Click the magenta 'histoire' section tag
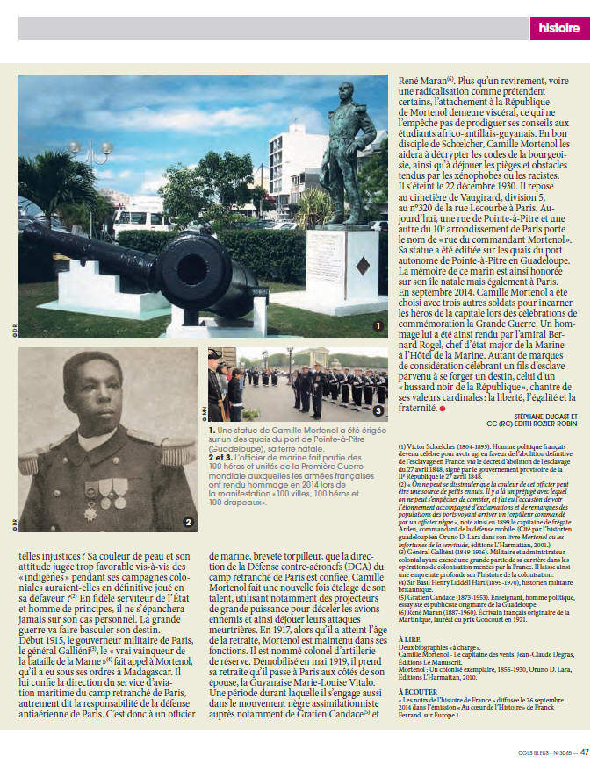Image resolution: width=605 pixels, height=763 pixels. coord(558,28)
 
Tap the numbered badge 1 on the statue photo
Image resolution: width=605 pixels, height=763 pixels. coord(378,325)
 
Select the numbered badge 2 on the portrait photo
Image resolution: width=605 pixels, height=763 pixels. coord(187,524)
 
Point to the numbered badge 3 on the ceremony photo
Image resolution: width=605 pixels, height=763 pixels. coord(378,411)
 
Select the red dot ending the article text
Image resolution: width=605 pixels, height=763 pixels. coord(443,409)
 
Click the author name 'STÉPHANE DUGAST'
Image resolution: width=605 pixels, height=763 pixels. coord(537,417)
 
